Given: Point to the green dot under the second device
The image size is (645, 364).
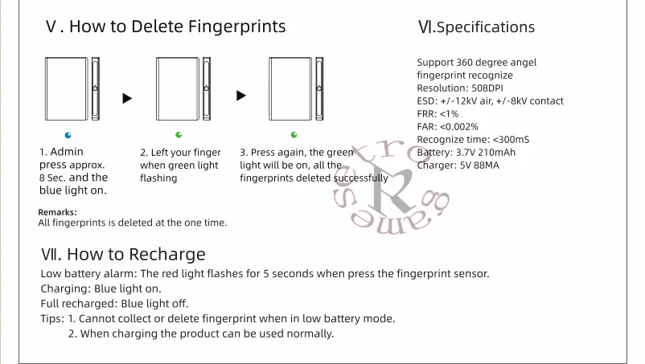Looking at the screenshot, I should coord(179,134).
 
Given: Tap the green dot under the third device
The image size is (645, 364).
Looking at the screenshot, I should coord(294,134).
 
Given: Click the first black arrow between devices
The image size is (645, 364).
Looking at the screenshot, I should coord(126,99).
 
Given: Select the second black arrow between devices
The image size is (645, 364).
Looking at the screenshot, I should coord(240,96).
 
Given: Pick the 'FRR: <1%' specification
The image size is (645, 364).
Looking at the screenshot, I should coord(438,113).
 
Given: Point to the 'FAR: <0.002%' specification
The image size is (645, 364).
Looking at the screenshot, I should coord(447,126).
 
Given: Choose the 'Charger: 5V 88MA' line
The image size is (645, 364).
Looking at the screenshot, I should coord(458,165).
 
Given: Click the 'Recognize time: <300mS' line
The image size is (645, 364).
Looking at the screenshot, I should coord(473,139).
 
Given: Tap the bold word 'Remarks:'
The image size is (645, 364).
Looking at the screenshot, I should coord(57,212).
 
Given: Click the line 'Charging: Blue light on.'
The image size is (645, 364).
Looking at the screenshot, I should coord(101,288).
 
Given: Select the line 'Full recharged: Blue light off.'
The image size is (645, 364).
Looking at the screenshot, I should coord(115,304).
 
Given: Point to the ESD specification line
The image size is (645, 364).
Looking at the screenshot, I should coord(490,100).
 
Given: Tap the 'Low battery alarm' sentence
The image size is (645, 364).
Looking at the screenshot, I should coord(265,273).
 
